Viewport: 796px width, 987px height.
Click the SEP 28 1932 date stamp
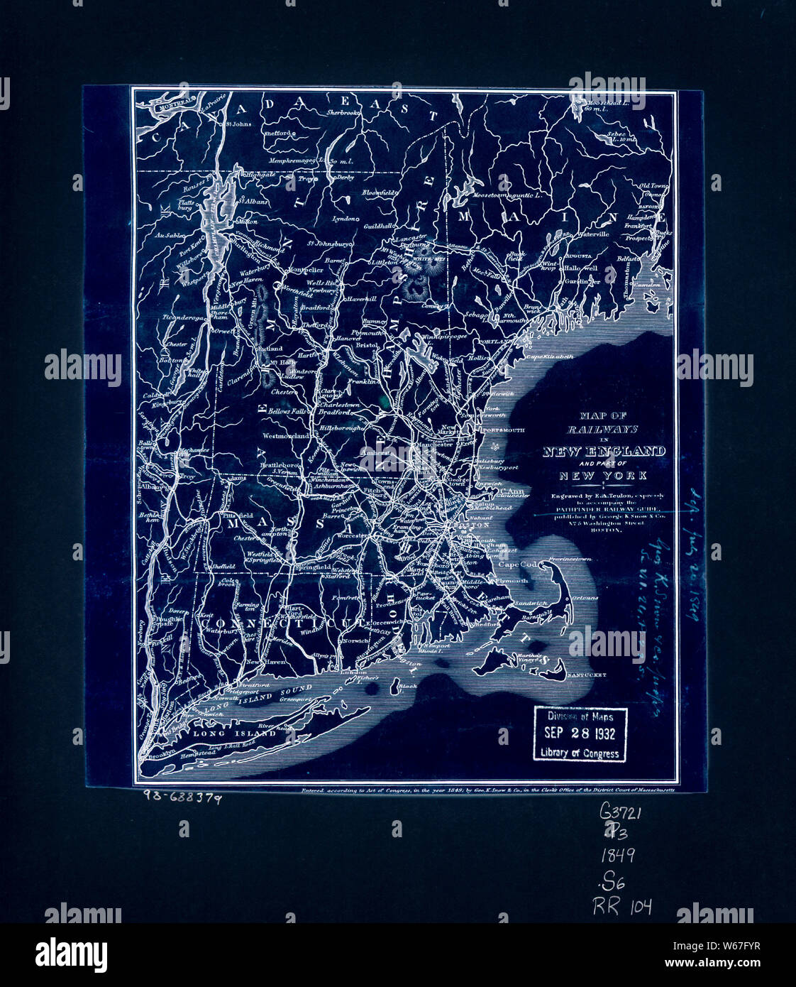[x=579, y=734]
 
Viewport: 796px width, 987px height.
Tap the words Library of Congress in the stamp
[x=579, y=753]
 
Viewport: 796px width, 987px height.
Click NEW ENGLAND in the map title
[x=604, y=452]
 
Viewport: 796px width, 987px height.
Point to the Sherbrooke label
[x=344, y=113]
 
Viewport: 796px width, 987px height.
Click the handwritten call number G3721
[x=620, y=812]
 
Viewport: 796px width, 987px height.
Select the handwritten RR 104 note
[x=622, y=905]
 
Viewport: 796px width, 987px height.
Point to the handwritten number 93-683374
[x=181, y=797]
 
